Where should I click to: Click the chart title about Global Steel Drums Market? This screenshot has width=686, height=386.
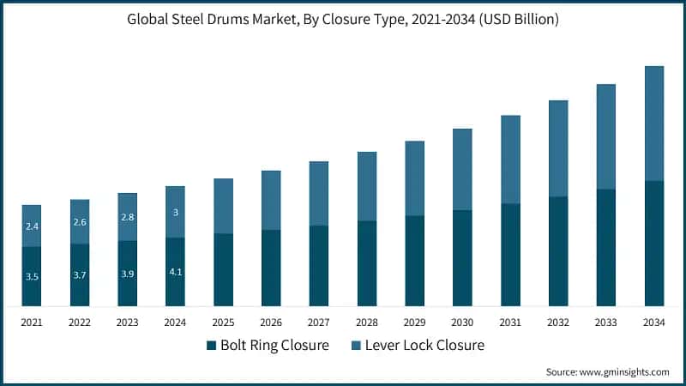click(343, 20)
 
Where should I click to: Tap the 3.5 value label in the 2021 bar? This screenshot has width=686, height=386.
click(32, 277)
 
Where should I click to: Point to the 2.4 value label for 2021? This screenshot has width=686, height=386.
click(32, 226)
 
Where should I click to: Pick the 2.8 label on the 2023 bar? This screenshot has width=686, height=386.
click(128, 217)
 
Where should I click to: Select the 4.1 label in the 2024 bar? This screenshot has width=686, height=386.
click(175, 272)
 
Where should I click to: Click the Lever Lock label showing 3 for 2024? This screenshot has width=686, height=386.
click(175, 212)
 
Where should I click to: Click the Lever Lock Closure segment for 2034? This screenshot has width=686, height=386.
click(654, 123)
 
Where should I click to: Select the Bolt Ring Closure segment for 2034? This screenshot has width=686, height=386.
click(654, 243)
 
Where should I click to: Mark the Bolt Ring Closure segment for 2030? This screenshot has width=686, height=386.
click(462, 257)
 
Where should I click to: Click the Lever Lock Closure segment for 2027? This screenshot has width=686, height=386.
click(319, 193)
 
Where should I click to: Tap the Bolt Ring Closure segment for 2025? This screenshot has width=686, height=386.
click(223, 269)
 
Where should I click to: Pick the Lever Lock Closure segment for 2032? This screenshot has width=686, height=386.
click(558, 148)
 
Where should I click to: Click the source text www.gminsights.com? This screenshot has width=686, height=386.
click(607, 372)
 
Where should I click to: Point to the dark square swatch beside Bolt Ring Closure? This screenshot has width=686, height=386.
click(211, 346)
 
